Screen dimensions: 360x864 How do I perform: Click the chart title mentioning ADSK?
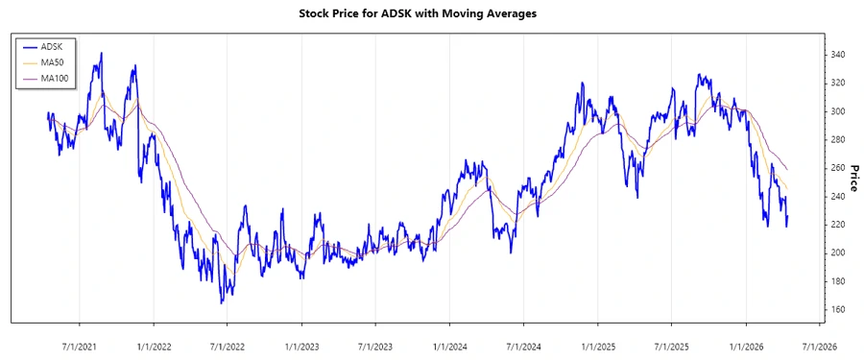point(431,14)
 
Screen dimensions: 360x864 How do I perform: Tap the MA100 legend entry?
point(54,77)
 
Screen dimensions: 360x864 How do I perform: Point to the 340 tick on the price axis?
point(837,55)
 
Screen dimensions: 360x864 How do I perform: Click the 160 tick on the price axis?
point(837,309)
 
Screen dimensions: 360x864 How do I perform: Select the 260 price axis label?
point(837,168)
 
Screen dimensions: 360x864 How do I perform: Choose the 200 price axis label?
point(837,252)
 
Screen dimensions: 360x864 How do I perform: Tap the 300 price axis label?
point(837,111)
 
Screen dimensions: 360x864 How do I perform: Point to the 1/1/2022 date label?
point(154,347)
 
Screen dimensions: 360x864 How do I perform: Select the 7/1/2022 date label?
point(226,347)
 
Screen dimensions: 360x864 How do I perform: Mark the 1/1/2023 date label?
point(301,347)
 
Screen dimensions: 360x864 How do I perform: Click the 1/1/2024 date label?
point(449,347)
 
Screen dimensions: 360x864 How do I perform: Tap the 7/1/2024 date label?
point(522,347)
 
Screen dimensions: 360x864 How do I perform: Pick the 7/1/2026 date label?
point(818,347)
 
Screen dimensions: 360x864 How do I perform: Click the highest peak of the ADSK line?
point(102,54)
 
